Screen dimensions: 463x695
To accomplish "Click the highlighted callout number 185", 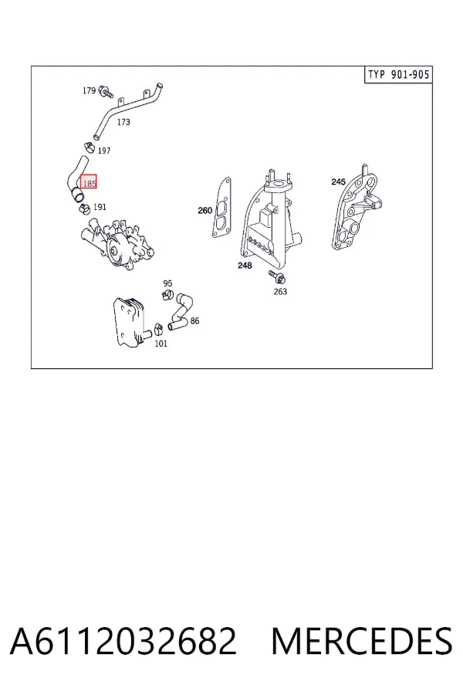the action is [89, 183].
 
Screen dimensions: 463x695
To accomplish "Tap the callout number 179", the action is [89, 90].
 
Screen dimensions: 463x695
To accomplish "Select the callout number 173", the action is [123, 122].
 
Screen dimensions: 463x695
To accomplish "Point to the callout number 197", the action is [103, 151].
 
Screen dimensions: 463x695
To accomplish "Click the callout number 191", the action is [100, 207].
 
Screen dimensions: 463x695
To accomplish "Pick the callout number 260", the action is [204, 211].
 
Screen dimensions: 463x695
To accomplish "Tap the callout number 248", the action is [245, 266].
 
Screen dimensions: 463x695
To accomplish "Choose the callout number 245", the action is [339, 181].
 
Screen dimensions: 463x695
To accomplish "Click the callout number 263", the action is [280, 291].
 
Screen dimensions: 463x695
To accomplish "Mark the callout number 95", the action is [167, 283].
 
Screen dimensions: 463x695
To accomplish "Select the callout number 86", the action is [194, 321].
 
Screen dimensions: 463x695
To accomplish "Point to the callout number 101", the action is [161, 344].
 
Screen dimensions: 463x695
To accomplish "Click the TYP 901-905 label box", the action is [398, 74].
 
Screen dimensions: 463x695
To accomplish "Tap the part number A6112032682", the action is [123, 641].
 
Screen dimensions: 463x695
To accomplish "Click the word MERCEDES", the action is [362, 641].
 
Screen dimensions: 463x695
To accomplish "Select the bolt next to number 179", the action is [106, 92].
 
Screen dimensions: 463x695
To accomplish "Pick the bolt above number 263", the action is [277, 276].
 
